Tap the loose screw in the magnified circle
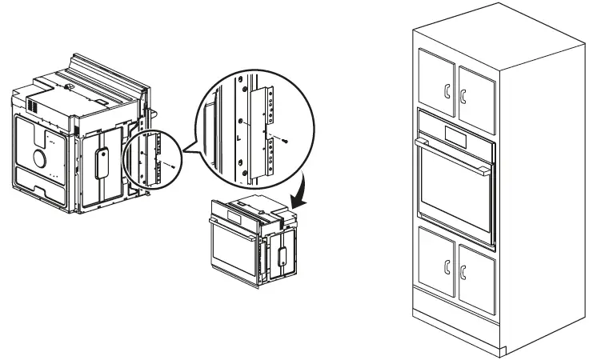(287, 138)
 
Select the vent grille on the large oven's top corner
(34, 104)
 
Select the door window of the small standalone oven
(232, 249)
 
